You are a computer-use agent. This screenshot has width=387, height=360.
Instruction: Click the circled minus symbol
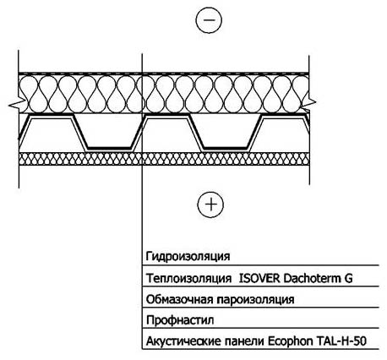point(209,20)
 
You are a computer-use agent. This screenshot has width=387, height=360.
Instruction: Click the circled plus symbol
point(210,205)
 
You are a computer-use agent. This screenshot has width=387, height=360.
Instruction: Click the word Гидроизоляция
point(188,256)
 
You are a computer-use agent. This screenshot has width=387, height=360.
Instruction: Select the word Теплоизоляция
point(189,278)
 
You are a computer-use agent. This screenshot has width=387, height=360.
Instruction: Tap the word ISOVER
point(259,278)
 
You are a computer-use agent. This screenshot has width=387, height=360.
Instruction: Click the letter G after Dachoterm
point(348,279)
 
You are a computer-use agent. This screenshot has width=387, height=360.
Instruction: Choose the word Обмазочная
point(180,299)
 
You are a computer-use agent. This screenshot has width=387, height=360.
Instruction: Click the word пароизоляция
point(256,300)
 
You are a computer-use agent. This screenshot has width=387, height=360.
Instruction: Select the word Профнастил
point(180,320)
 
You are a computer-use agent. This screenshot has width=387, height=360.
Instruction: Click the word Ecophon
point(291,341)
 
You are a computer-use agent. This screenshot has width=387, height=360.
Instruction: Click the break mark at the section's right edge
point(309,102)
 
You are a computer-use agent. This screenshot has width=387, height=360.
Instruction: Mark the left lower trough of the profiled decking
point(109,148)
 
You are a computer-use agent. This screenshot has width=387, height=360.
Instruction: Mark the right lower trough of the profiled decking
point(226,148)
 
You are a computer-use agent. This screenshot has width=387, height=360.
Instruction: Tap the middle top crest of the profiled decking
point(166,116)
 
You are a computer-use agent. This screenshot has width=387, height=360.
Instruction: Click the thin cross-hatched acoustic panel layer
point(164,159)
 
